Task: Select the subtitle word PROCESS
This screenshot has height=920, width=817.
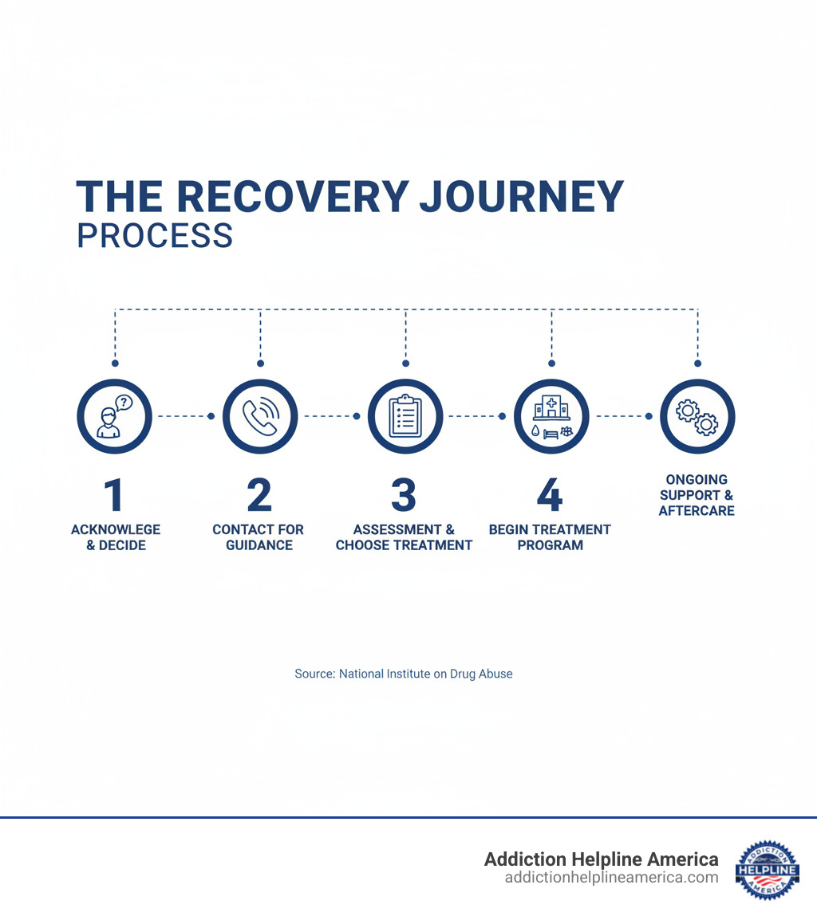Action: pos(155,236)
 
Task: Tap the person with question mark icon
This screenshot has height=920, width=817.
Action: pos(114,416)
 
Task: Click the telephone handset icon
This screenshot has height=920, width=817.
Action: pos(260,416)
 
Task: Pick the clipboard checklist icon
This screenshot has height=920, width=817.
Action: pos(405,416)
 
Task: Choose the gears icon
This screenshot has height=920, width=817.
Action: pos(697,416)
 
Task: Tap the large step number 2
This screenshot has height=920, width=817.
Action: pos(259,495)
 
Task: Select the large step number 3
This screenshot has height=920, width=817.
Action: pos(404,495)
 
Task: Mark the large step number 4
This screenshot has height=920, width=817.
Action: pos(550,495)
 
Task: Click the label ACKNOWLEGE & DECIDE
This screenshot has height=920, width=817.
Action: pos(116,537)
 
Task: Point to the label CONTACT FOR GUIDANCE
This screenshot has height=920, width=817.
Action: pos(259,537)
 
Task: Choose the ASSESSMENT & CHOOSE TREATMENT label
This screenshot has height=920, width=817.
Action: pos(404,537)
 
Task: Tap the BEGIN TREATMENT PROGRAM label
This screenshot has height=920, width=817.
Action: pos(550,537)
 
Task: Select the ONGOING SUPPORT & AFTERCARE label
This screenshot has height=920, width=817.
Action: pos(697,495)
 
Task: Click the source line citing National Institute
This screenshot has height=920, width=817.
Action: pos(404,674)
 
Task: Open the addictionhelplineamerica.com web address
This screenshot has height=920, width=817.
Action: pos(611,878)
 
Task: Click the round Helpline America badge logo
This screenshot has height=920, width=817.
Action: pos(767,869)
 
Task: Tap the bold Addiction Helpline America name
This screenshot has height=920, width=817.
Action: pos(602,859)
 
